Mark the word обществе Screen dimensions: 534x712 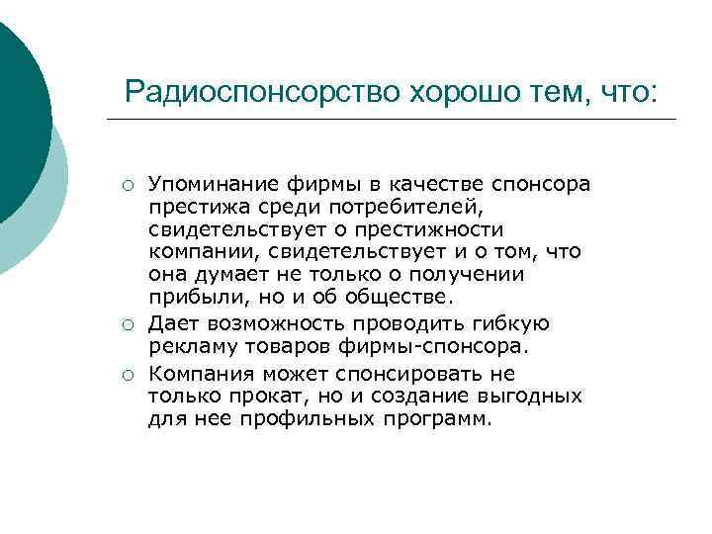(x=399, y=297)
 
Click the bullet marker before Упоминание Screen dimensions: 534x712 (x=129, y=185)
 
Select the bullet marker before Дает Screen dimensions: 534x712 (x=129, y=324)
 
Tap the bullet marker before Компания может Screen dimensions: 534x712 (x=129, y=374)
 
